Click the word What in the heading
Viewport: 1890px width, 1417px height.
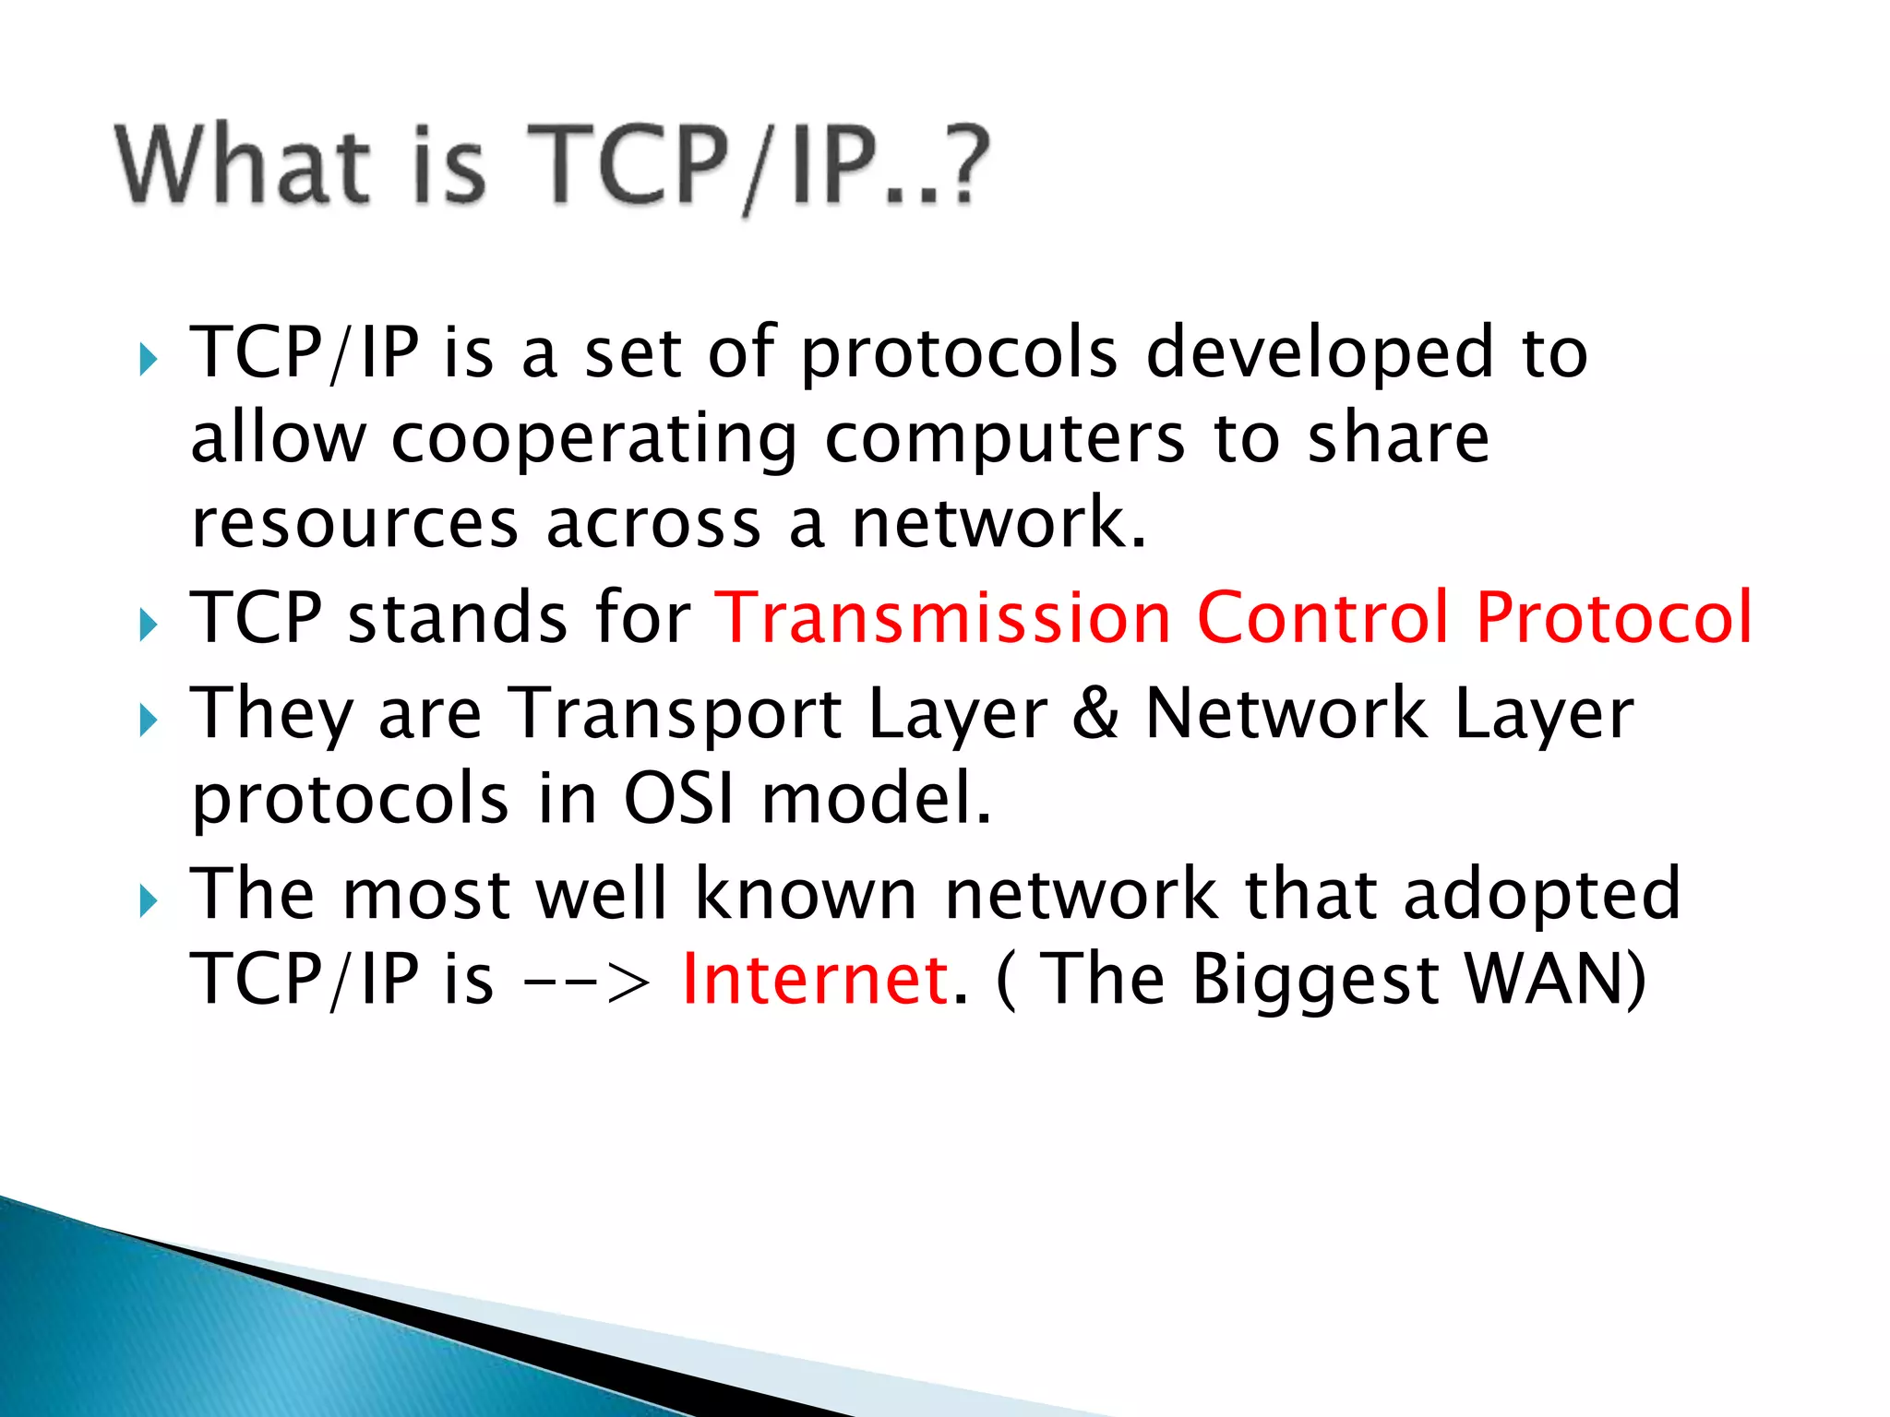coord(242,166)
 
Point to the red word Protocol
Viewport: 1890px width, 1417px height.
coord(1614,617)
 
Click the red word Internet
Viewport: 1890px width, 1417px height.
coord(815,979)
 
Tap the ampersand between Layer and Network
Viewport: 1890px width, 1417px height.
coord(1096,713)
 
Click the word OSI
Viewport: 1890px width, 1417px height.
coord(679,798)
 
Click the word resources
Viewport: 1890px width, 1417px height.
coord(354,524)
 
